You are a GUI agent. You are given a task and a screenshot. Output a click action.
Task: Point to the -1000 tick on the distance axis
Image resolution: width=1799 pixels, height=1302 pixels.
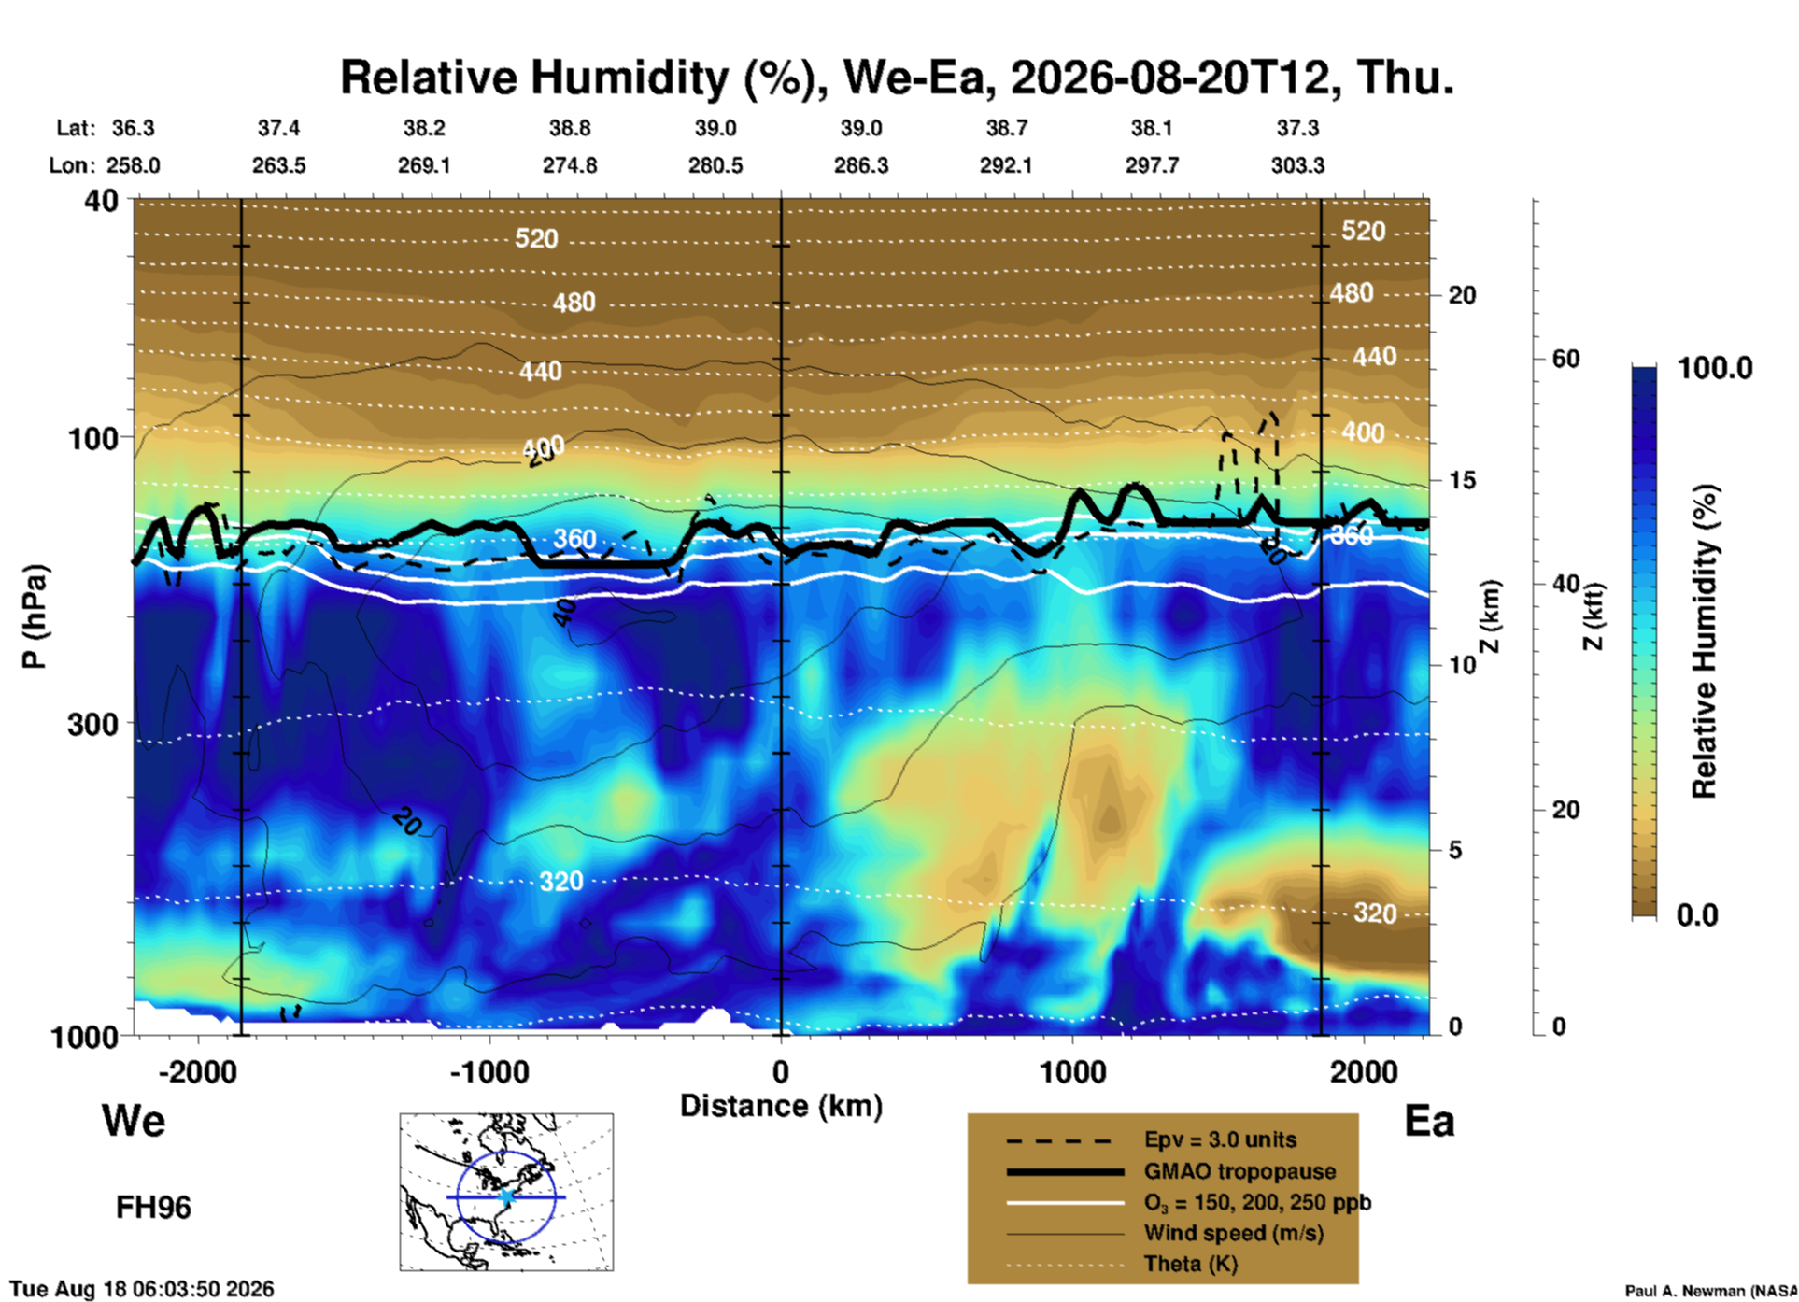click(x=489, y=1071)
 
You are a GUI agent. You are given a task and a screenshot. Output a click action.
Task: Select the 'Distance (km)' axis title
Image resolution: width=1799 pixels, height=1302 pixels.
click(x=781, y=1106)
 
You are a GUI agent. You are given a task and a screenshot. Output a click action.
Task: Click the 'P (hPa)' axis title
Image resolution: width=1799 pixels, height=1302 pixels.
click(x=34, y=616)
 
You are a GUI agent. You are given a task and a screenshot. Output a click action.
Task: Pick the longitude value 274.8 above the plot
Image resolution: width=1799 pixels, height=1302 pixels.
click(x=570, y=165)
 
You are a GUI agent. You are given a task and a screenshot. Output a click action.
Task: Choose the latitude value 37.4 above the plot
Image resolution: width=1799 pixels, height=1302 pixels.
click(x=278, y=128)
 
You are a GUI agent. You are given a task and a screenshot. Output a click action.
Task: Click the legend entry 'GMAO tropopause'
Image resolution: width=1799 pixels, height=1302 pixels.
click(x=1239, y=1171)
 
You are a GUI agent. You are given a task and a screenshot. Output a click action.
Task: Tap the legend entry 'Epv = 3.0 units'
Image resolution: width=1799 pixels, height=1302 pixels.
click(x=1220, y=1140)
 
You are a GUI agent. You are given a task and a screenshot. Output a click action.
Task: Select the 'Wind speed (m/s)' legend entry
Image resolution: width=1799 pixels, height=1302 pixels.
click(x=1233, y=1234)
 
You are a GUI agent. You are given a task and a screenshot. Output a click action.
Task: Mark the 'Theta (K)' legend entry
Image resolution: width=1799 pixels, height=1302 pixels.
click(x=1190, y=1265)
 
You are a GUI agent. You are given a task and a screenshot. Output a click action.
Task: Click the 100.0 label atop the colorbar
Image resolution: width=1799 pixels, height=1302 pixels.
click(x=1715, y=368)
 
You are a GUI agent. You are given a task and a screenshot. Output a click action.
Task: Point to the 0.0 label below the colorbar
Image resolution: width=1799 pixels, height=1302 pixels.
click(x=1697, y=915)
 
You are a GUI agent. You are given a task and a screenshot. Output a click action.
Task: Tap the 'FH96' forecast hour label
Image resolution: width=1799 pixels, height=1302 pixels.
click(x=153, y=1208)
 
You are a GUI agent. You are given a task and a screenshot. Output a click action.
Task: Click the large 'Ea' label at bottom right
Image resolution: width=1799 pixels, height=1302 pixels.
click(x=1429, y=1122)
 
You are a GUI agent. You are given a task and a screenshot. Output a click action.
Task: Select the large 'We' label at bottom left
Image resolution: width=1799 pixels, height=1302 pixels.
click(x=134, y=1120)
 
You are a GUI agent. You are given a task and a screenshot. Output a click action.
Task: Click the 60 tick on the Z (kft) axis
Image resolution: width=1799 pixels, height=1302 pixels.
click(x=1565, y=359)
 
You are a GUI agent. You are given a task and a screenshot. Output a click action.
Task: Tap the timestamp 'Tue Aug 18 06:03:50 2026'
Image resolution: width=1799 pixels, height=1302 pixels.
click(x=142, y=1289)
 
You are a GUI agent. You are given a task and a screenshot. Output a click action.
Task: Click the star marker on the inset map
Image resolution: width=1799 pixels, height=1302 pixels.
click(x=506, y=1196)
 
